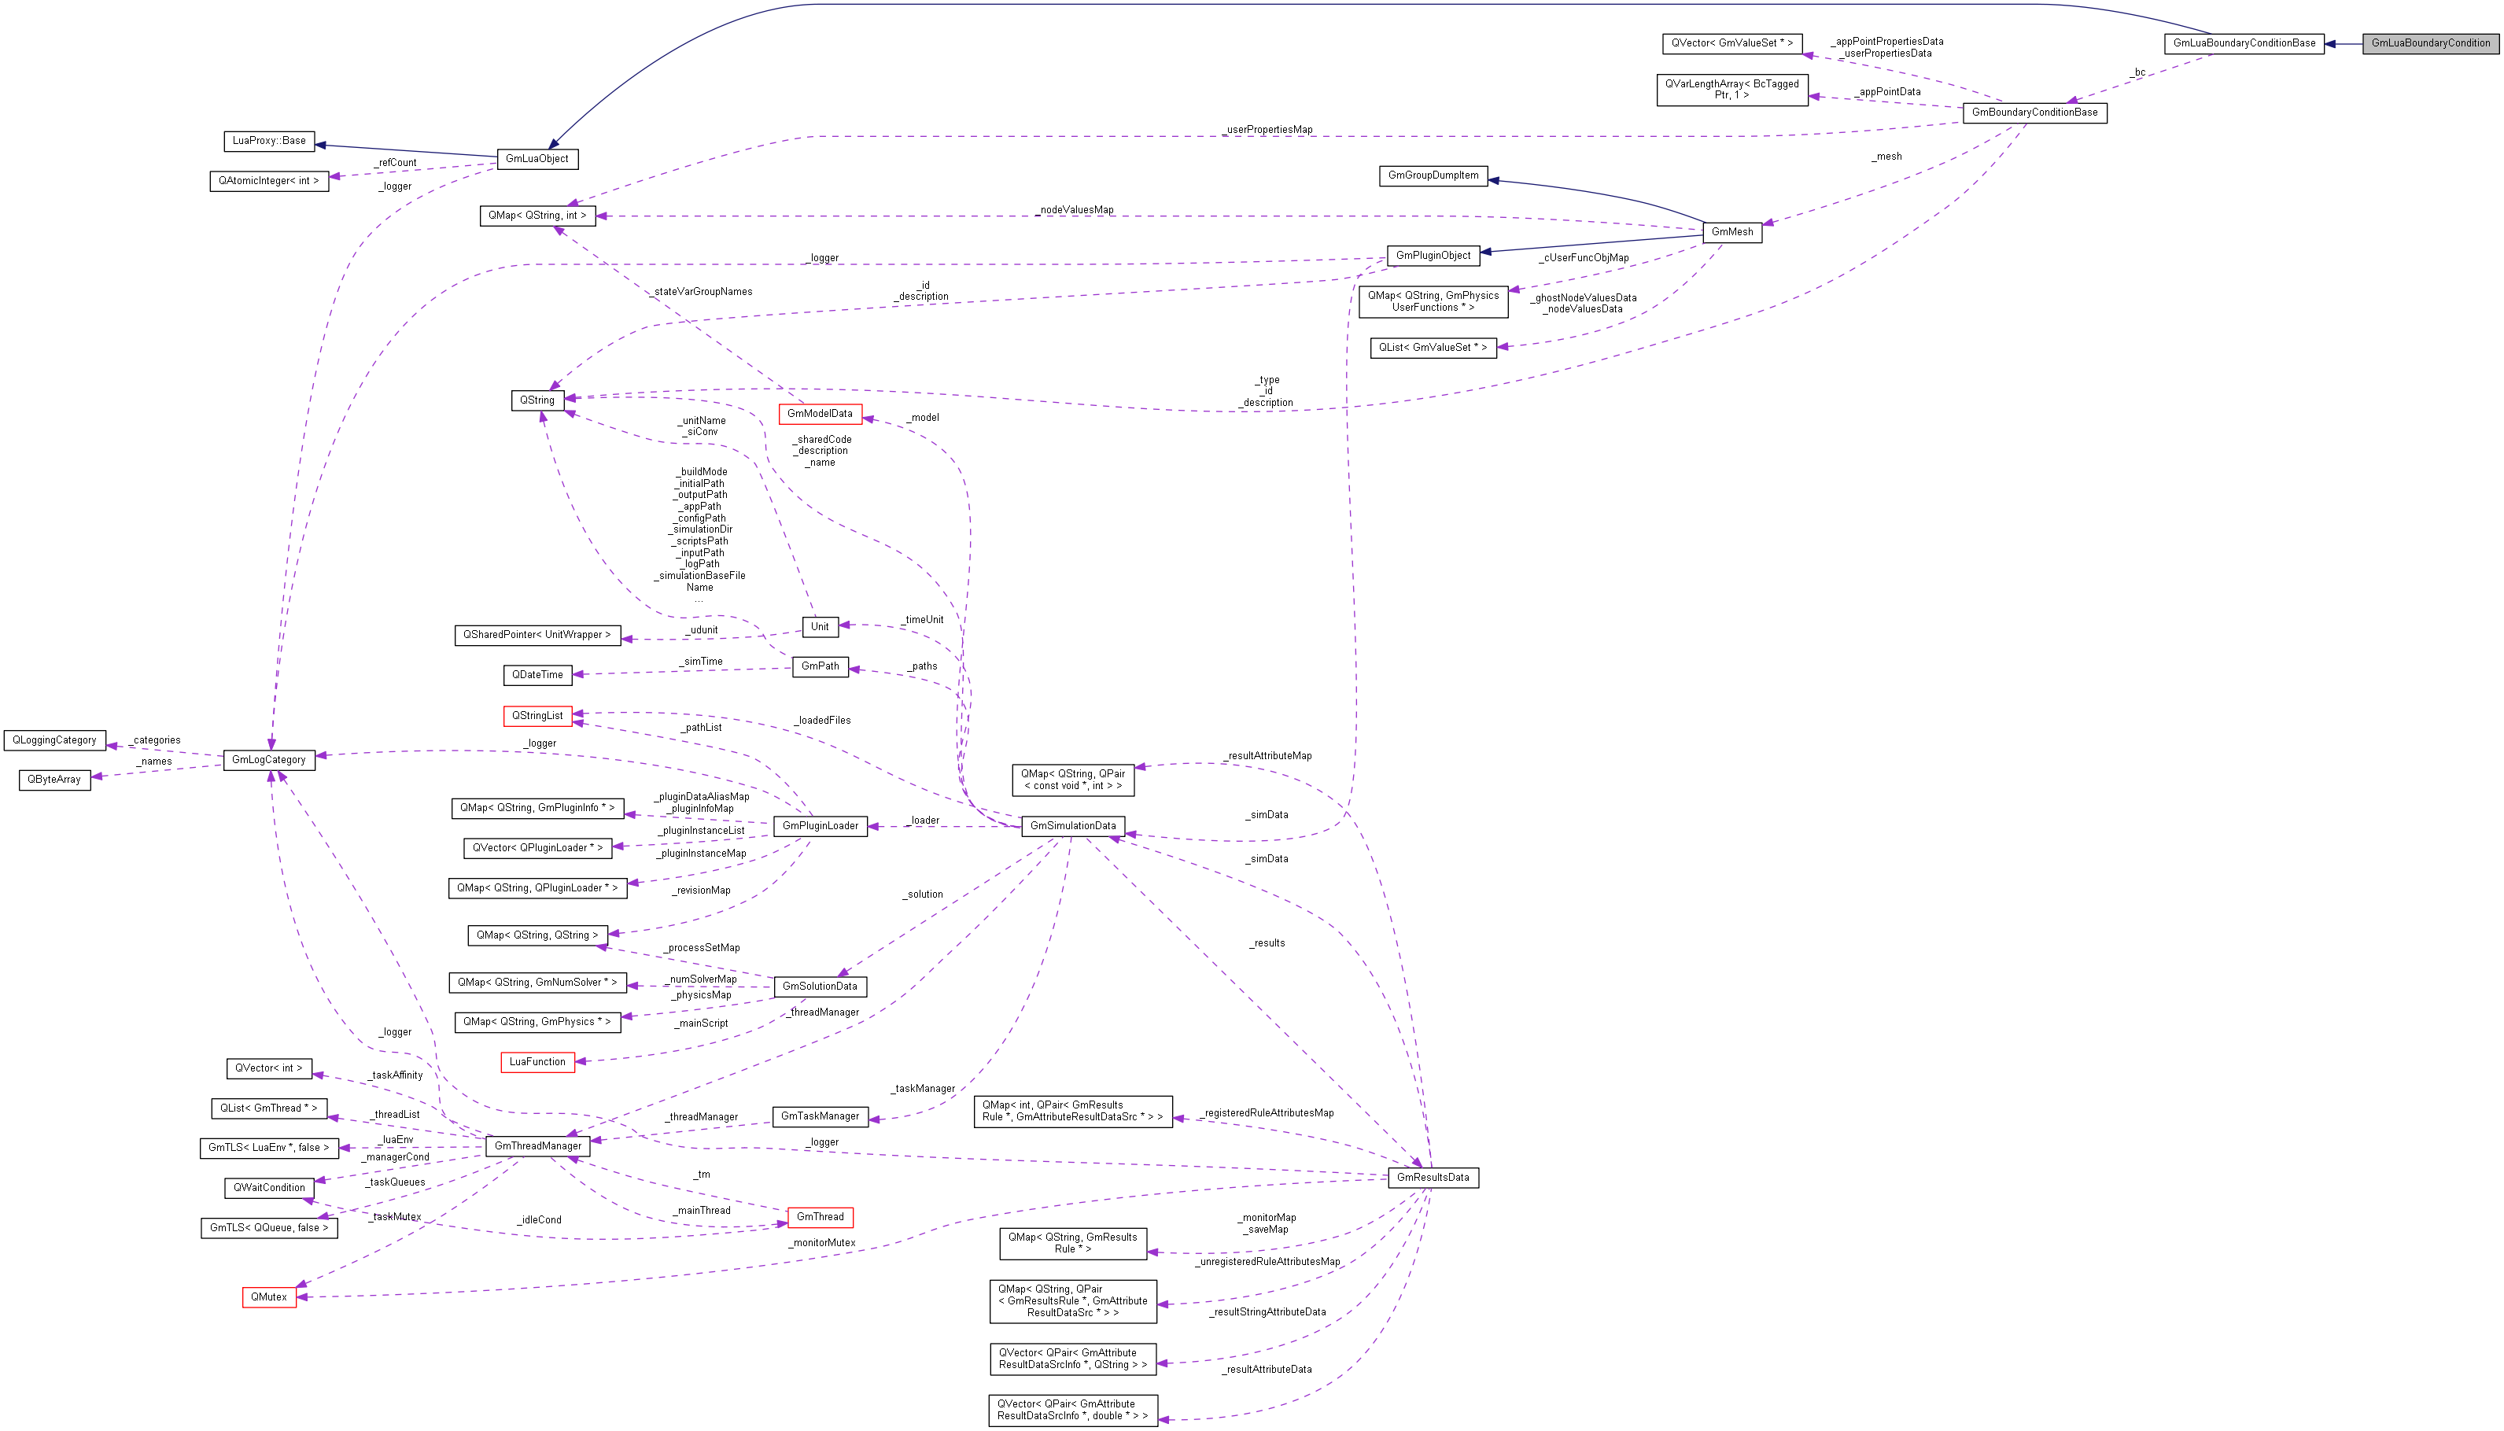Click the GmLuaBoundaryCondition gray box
[x=2430, y=43]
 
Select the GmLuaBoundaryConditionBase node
[x=2244, y=43]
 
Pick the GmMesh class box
[x=1731, y=232]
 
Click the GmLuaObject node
[x=537, y=159]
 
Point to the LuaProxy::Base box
[x=268, y=142]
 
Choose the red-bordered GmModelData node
[x=820, y=414]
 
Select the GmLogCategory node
[x=268, y=760]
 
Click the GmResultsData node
[x=1433, y=1178]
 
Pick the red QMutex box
[x=268, y=1297]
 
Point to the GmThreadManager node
[x=537, y=1146]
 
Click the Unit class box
[x=820, y=627]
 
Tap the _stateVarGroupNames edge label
[x=703, y=292]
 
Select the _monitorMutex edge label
[x=823, y=1243]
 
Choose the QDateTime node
[x=537, y=675]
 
